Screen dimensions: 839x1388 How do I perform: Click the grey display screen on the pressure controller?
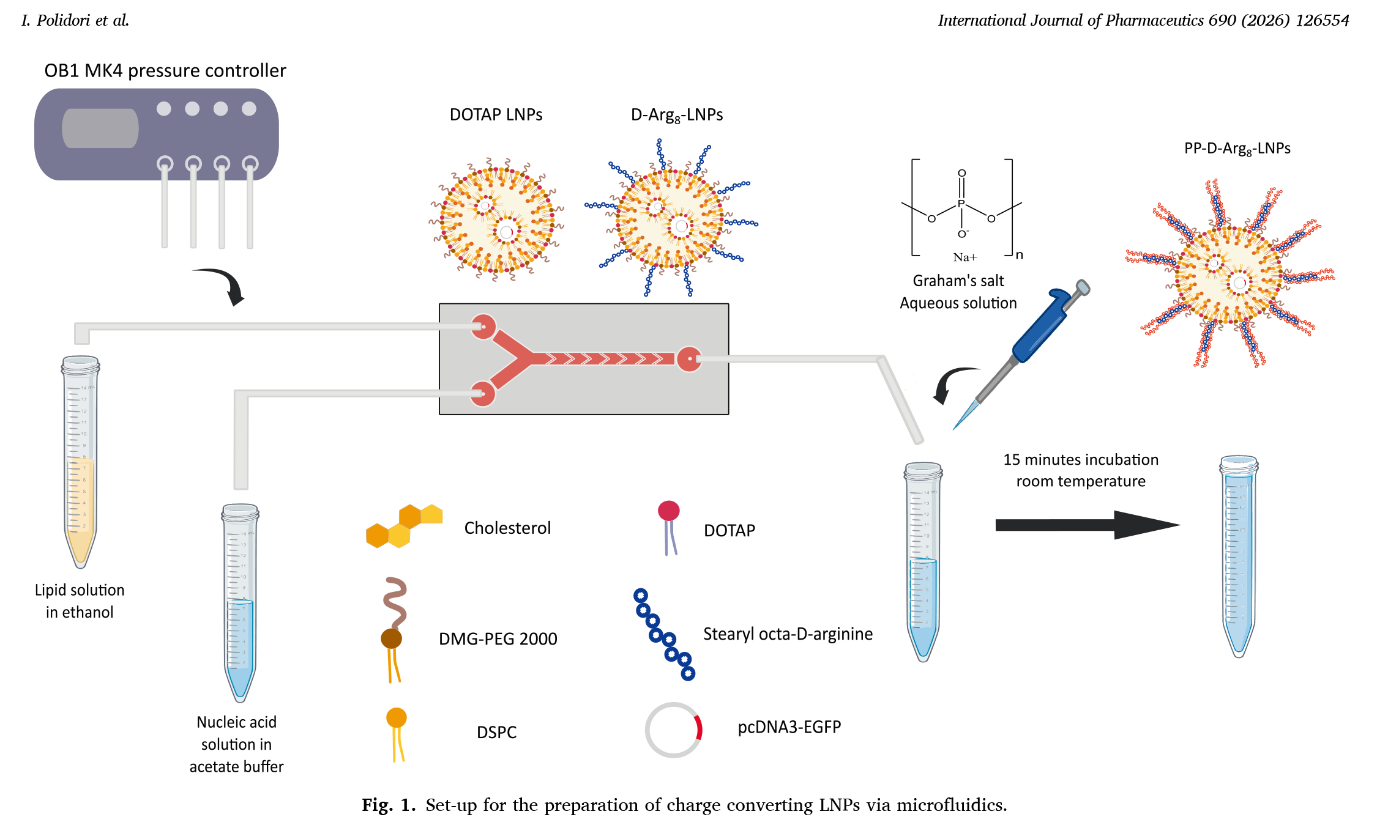pos(100,128)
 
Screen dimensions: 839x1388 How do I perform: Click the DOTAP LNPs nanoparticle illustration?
pos(496,220)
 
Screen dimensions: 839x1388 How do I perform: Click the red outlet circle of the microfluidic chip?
pos(689,359)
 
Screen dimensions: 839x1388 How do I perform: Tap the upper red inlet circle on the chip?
pos(483,327)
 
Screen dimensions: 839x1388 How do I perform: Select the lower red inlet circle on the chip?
pos(482,394)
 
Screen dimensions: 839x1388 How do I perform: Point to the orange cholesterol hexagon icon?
pos(404,526)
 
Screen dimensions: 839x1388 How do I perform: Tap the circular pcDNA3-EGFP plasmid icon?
pos(673,730)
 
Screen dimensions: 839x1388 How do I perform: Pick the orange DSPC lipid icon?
pos(397,733)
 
